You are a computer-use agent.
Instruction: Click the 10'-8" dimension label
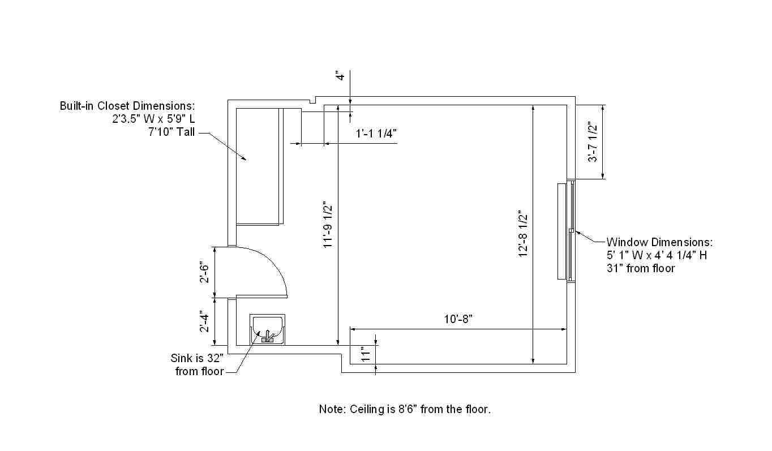458,319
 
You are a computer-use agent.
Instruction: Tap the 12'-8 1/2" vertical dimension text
523,234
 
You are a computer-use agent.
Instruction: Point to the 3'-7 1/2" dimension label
593,141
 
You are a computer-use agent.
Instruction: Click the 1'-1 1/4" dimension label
376,134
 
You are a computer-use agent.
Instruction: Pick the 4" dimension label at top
341,76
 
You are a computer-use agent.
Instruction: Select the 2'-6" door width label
204,273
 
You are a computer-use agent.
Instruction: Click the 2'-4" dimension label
204,323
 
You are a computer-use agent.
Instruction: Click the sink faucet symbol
268,337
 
